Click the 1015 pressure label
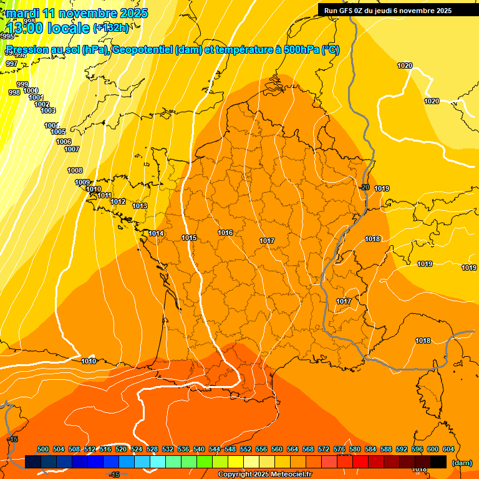[189, 238]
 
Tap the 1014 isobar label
[156, 233]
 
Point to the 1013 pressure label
[140, 206]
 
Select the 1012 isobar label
[118, 201]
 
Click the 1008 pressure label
[75, 170]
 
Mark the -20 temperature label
[364, 187]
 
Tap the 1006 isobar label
[64, 142]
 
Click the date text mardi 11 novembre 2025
[77, 13]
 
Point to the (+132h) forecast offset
[111, 27]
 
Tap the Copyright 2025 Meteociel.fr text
[264, 475]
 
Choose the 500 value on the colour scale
[43, 449]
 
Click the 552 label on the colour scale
[246, 449]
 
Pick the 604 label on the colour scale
[448, 449]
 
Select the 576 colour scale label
[339, 449]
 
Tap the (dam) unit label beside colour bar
[462, 462]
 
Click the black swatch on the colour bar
[438, 462]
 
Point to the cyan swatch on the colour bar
[158, 462]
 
